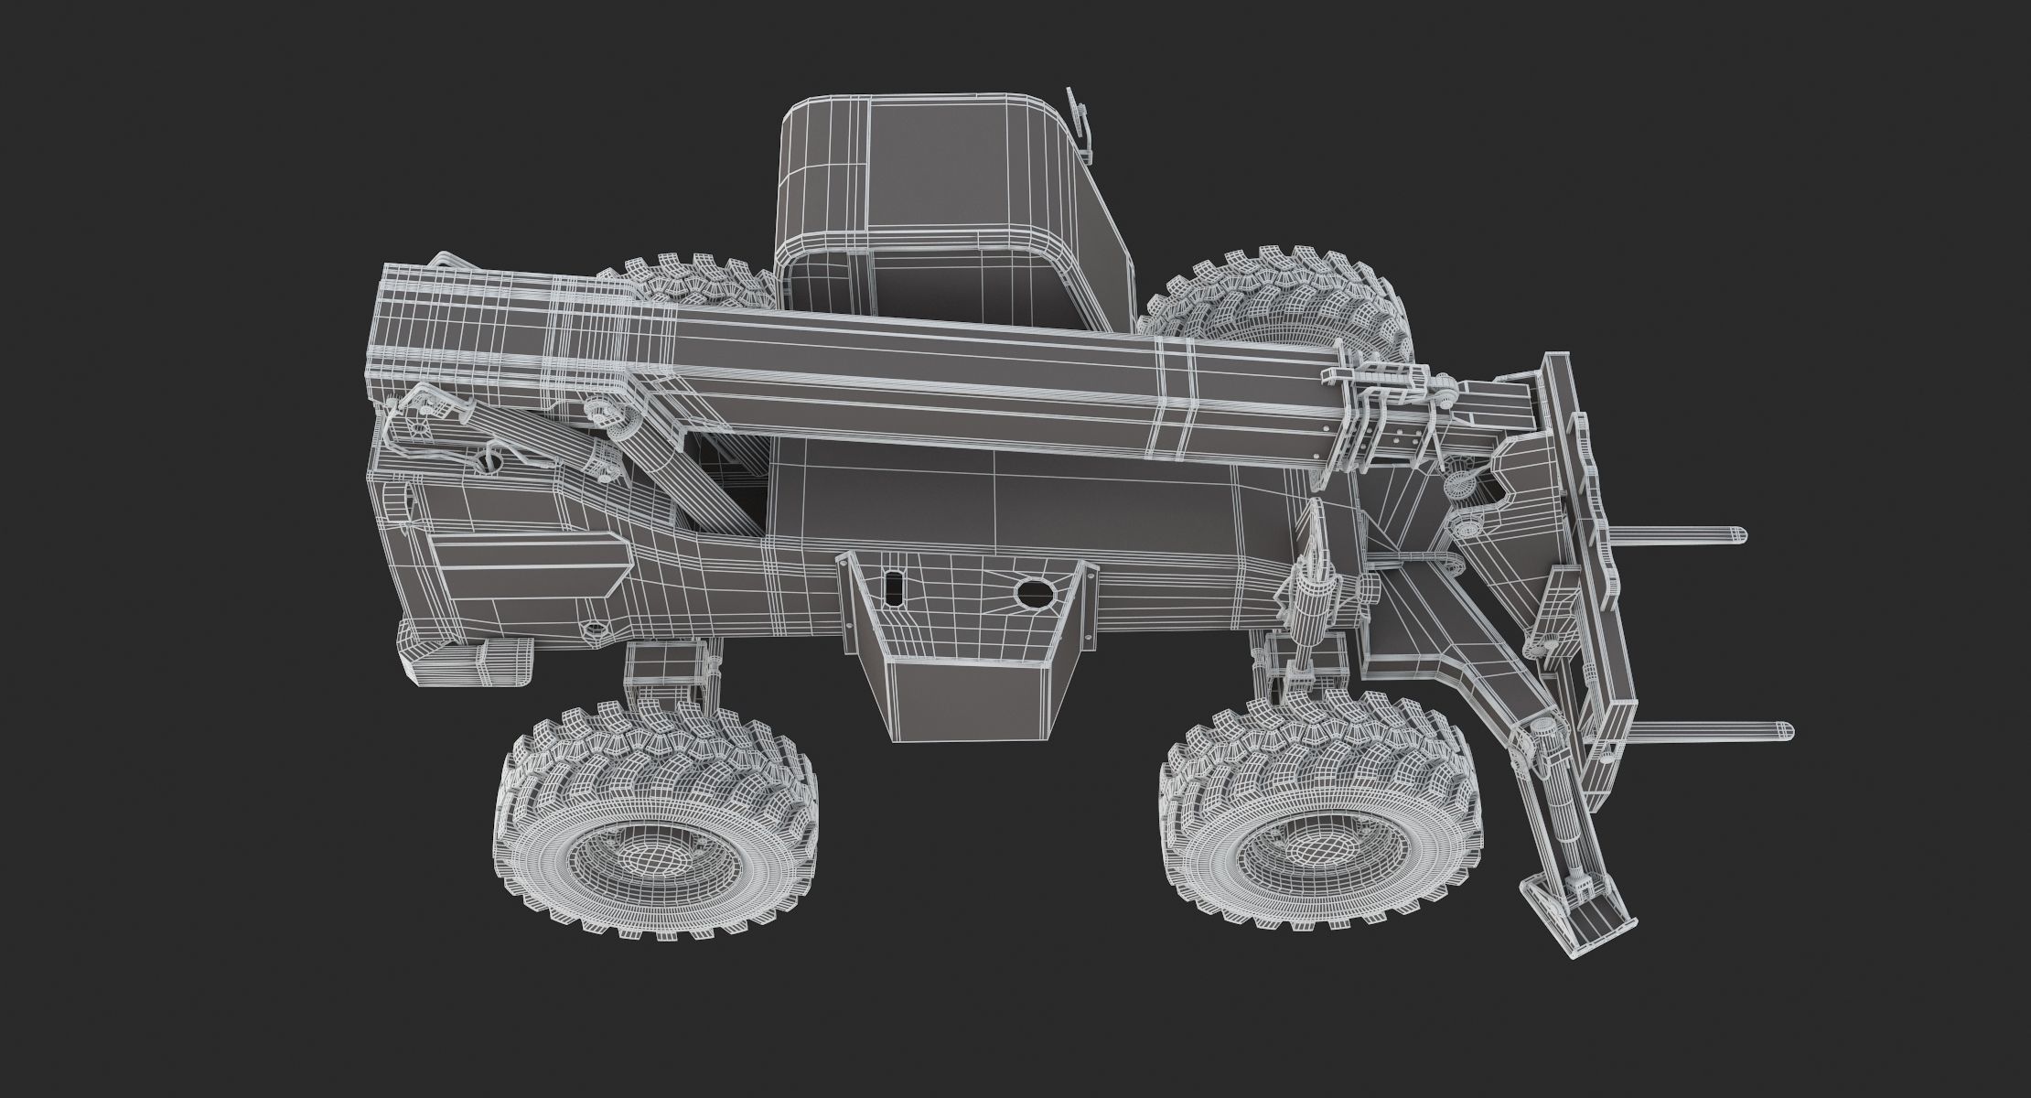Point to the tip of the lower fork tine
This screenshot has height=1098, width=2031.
[1784, 731]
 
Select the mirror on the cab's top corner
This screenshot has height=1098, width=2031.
[1080, 124]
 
